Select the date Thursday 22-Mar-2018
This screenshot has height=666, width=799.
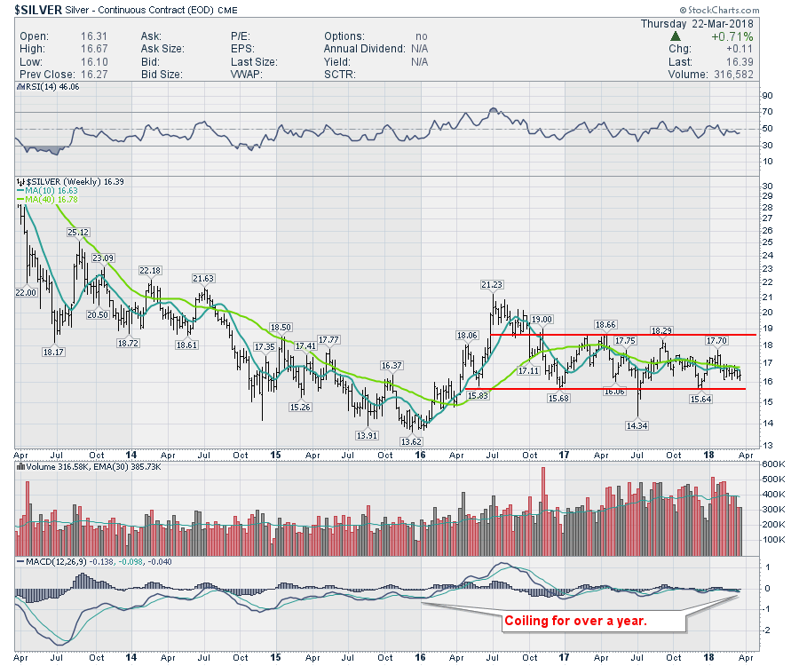point(698,23)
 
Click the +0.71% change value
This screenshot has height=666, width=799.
point(732,36)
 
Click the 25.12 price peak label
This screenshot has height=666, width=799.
point(79,233)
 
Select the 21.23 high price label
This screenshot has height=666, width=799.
point(492,284)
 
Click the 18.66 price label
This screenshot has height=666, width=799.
point(605,325)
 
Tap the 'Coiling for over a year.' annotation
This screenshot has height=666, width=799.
point(575,621)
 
